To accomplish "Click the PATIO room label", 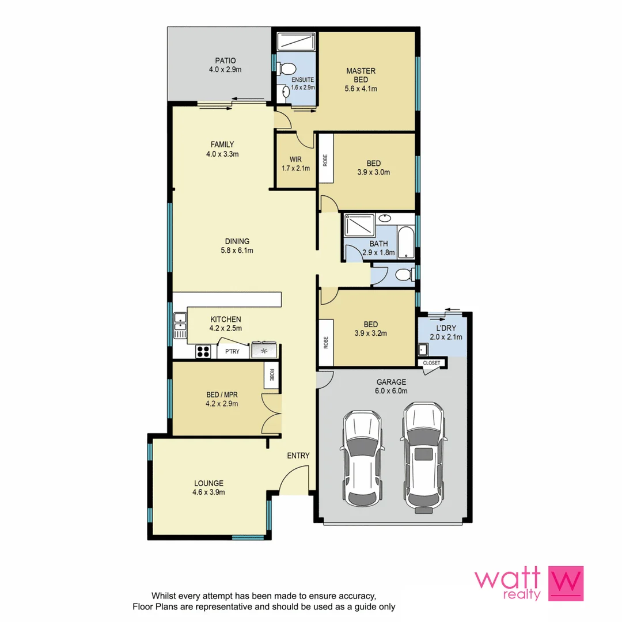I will coord(225,60).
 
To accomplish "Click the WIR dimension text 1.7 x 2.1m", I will coord(295,169).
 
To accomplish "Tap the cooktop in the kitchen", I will coord(203,351).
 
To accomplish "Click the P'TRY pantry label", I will coord(232,351).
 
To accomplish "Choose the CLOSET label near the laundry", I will coord(431,363).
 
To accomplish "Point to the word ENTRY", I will coord(298,456).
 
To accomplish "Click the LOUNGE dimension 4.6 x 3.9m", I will coord(208,492).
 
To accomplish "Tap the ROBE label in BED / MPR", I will coord(271,377).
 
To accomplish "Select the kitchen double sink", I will coord(180,326).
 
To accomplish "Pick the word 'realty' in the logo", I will coord(520,595).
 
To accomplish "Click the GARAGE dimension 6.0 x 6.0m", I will coord(392,391).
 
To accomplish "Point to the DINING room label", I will coord(237,241).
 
